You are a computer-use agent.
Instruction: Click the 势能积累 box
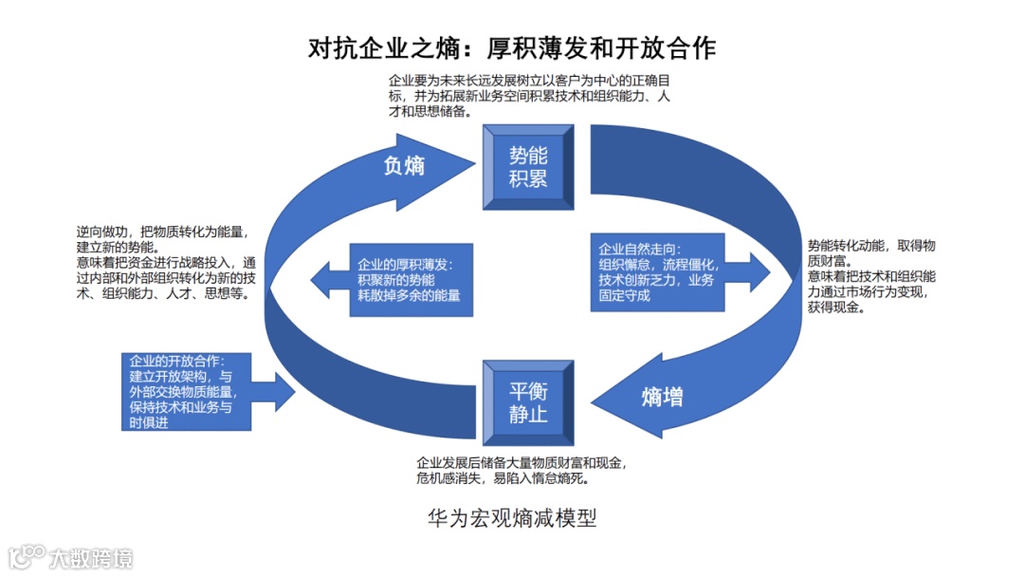click(529, 167)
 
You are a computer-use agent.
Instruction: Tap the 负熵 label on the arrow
click(404, 165)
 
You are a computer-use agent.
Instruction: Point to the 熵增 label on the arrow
click(662, 398)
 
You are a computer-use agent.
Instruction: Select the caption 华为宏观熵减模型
click(512, 519)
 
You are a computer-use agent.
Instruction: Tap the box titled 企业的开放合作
click(187, 391)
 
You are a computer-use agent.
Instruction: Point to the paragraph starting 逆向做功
click(167, 263)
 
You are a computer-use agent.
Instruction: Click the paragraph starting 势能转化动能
click(872, 276)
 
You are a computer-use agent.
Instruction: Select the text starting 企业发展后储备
click(521, 471)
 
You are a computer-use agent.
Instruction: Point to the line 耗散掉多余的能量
click(409, 296)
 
